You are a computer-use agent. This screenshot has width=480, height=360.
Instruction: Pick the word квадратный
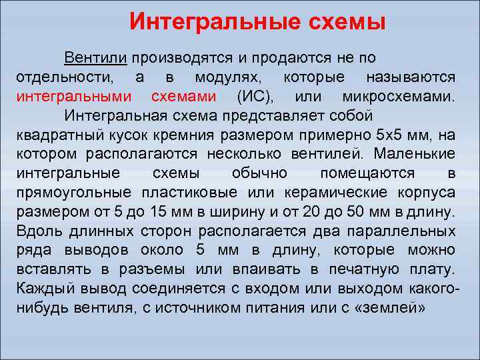[54, 135]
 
